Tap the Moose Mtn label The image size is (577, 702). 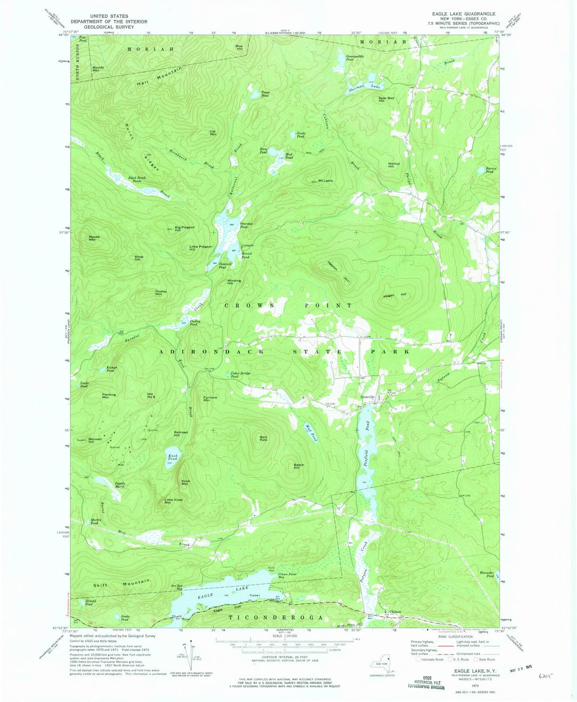pyautogui.click(x=95, y=238)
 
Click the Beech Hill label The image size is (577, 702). pyautogui.click(x=299, y=466)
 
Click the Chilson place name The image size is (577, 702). pyautogui.click(x=395, y=612)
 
